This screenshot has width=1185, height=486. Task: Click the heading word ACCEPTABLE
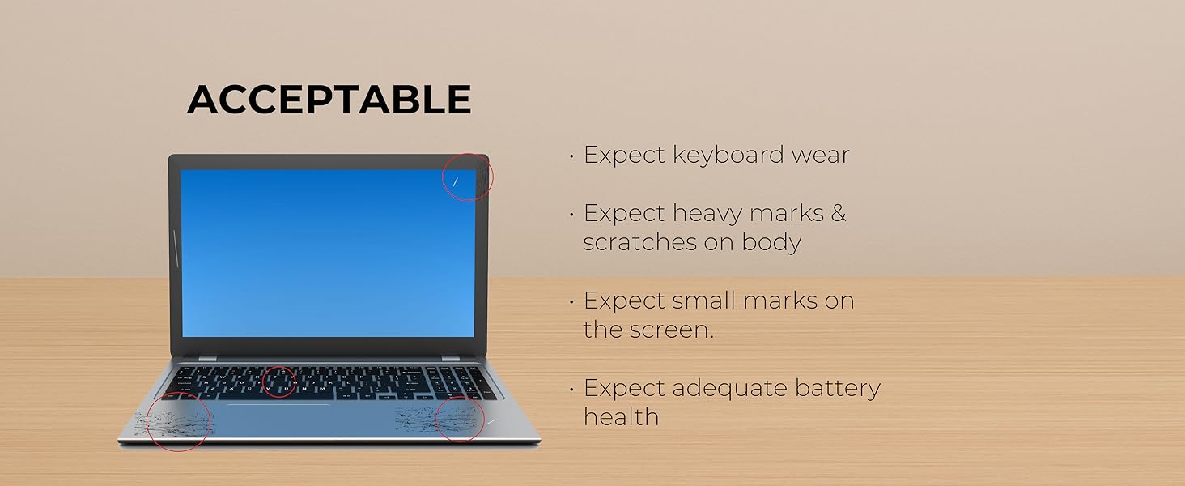pos(329,100)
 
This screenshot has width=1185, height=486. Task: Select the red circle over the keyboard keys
pos(280,382)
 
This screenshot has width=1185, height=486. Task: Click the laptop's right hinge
pos(447,357)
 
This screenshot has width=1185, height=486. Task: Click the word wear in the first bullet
pos(817,155)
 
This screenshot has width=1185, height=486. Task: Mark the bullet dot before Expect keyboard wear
pos(572,155)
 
